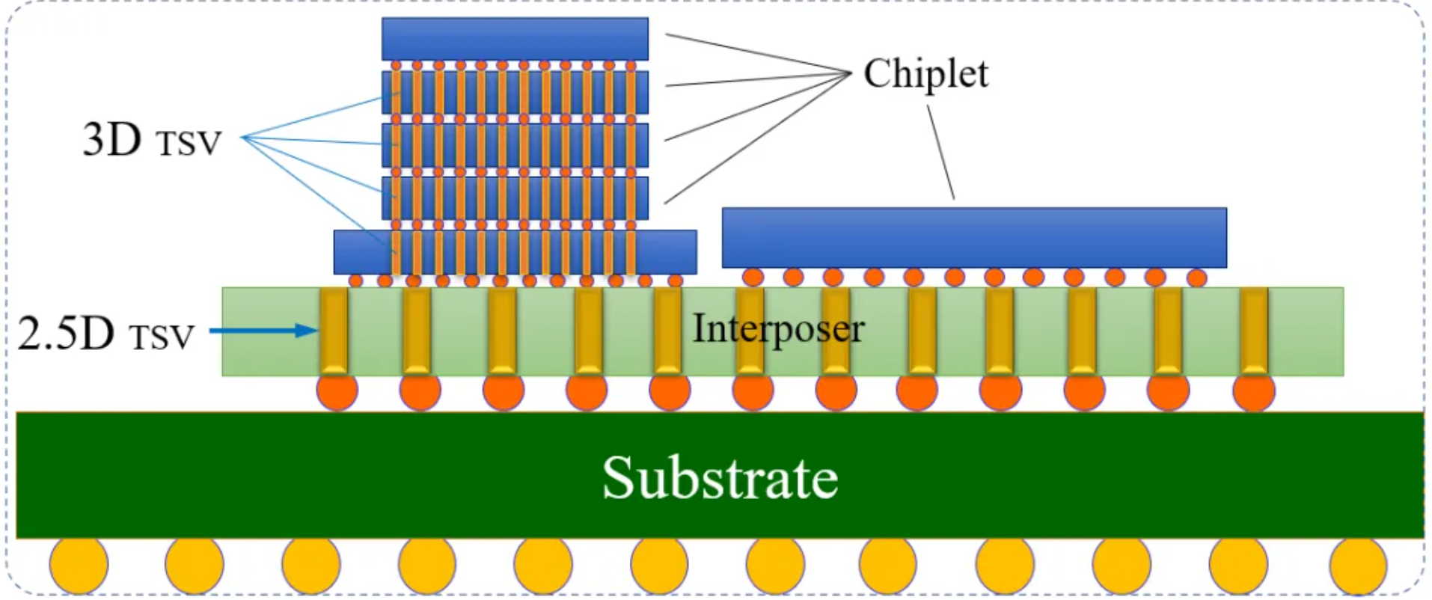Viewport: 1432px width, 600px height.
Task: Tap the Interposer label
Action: (x=778, y=328)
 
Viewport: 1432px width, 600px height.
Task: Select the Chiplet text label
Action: (x=925, y=74)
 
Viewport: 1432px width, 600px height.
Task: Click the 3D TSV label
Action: (x=152, y=140)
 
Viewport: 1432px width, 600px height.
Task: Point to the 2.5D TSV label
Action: (x=105, y=334)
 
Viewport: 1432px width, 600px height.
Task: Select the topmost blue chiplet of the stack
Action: (x=515, y=39)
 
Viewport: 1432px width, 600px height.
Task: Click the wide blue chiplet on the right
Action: (x=973, y=237)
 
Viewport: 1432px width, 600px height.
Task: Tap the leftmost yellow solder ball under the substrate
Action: (x=79, y=565)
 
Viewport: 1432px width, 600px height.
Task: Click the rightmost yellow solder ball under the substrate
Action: (x=1358, y=565)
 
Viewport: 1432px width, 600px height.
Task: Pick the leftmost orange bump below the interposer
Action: (x=337, y=391)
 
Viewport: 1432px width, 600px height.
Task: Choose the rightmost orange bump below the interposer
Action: (x=1254, y=391)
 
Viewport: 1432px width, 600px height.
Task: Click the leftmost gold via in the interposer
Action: (x=334, y=330)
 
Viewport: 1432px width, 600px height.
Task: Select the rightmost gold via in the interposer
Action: (x=1254, y=330)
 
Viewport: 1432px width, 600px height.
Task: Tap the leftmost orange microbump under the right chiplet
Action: (x=753, y=277)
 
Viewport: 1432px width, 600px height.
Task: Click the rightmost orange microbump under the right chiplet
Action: (x=1196, y=278)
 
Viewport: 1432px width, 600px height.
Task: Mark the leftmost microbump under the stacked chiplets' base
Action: (x=355, y=281)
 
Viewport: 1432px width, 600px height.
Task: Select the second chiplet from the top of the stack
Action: (x=515, y=92)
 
